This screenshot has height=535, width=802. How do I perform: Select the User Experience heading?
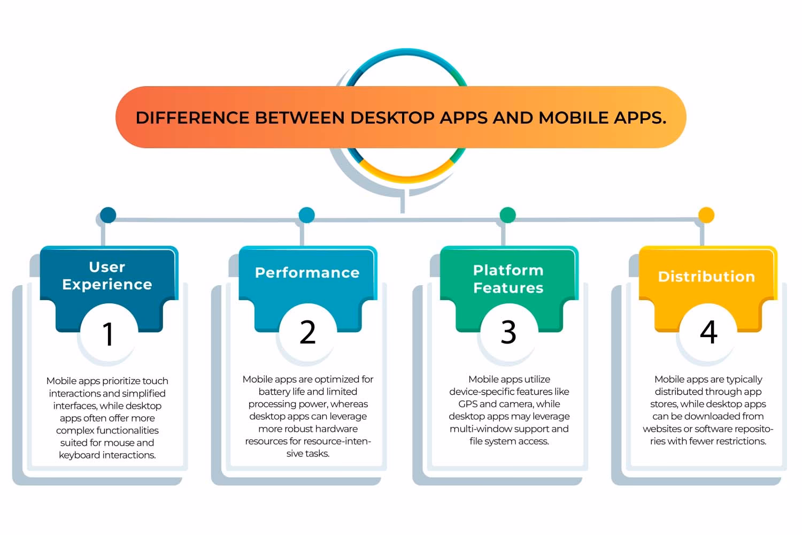[107, 276]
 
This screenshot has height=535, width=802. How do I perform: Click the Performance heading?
[307, 273]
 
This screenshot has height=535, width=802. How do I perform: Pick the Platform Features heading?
[508, 279]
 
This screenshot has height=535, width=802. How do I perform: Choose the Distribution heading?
[706, 277]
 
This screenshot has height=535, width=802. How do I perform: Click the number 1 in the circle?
[108, 334]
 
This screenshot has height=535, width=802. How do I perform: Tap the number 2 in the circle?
[307, 332]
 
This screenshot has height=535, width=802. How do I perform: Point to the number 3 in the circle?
[508, 332]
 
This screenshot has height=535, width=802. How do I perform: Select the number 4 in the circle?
[708, 332]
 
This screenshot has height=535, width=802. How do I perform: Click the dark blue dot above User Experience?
[108, 215]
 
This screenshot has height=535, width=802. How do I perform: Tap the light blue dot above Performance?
[307, 215]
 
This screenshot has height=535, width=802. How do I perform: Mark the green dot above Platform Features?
[507, 215]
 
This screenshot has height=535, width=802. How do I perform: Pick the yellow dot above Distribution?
[706, 215]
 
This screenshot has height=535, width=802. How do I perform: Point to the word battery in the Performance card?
[274, 392]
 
